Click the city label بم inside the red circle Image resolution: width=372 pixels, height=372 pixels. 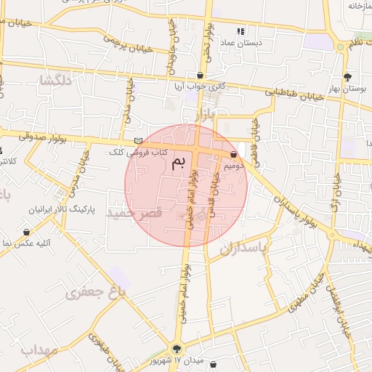click(178, 163)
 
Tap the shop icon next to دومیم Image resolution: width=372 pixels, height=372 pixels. click(233, 154)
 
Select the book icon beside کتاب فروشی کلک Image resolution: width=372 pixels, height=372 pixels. click(138, 141)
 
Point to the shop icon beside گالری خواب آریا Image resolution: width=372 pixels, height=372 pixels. click(200, 75)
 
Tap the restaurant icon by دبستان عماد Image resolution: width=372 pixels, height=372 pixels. click(241, 31)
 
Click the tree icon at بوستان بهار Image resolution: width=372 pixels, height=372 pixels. click(347, 76)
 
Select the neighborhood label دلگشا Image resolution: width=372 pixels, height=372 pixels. click(57, 81)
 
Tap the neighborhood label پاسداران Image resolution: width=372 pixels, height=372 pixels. click(245, 248)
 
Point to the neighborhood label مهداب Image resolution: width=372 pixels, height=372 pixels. click(39, 349)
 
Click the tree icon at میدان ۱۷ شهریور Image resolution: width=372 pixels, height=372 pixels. click(177, 348)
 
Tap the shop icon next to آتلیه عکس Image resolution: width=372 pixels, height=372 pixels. click(27, 232)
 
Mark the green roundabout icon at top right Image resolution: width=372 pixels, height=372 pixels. click(340, 46)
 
